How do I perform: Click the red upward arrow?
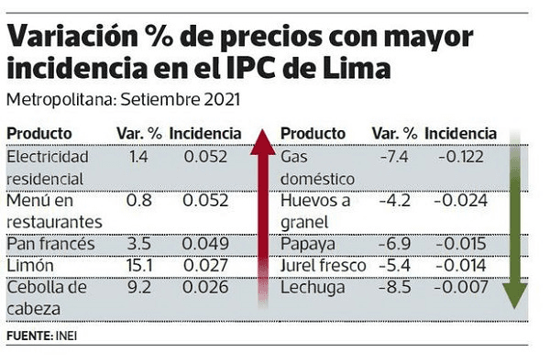pyautogui.click(x=263, y=220)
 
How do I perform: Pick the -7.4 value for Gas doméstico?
pyautogui.click(x=395, y=157)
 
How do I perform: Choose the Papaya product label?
pyautogui.click(x=308, y=244)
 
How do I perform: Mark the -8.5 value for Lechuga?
pyautogui.click(x=395, y=288)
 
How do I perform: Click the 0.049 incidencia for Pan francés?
pyautogui.click(x=205, y=243)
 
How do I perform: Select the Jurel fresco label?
pyautogui.click(x=323, y=266)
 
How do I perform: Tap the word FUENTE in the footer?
pyautogui.click(x=28, y=339)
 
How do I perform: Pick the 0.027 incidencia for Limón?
pyautogui.click(x=205, y=266)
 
